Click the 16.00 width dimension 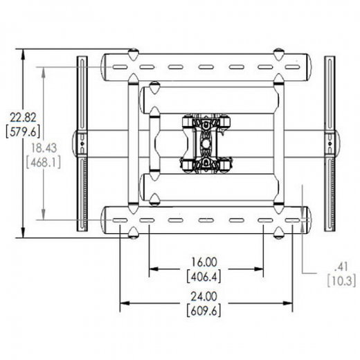tap(205, 262)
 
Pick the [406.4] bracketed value tap(205, 276)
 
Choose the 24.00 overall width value tap(205, 297)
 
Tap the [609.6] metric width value tap(205, 311)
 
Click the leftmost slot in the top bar tap(119, 68)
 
